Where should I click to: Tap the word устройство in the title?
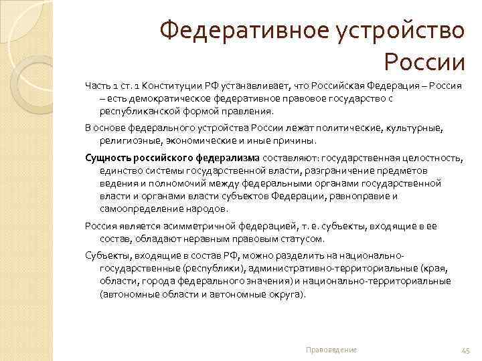click(397, 30)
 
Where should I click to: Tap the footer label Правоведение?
click(331, 350)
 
